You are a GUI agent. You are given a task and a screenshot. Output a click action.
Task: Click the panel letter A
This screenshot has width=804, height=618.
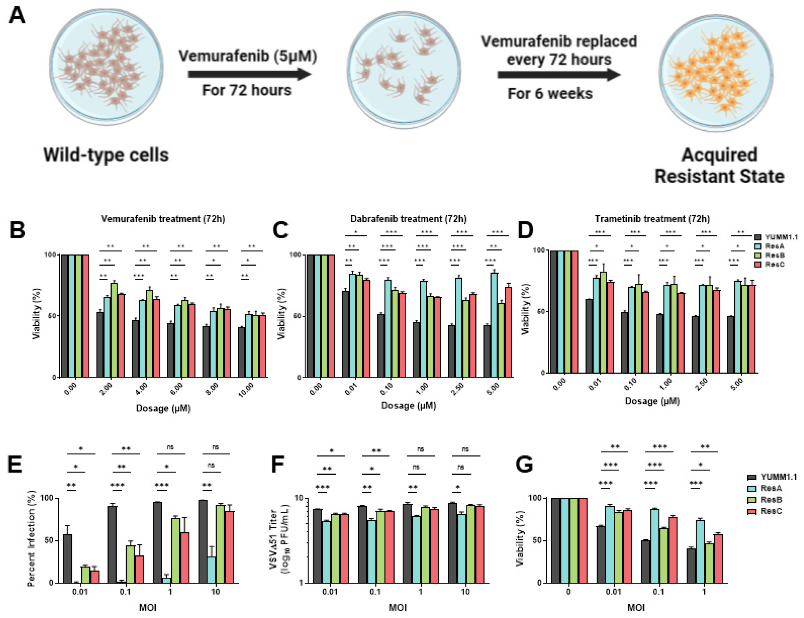coord(17,16)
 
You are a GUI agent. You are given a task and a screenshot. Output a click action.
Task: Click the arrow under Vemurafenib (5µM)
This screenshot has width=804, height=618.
coord(249,74)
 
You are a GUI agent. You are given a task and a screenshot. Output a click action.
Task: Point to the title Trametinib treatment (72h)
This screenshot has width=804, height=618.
coord(652,219)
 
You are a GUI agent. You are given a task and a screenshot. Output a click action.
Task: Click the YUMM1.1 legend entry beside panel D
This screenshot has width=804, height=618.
coord(776,237)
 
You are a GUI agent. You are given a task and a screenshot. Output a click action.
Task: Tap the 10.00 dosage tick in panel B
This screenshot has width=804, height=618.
coord(246,389)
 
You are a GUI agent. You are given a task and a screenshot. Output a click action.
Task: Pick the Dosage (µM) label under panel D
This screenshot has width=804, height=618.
coord(652,401)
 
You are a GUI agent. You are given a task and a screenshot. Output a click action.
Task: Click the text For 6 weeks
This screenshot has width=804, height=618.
coord(550,94)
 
